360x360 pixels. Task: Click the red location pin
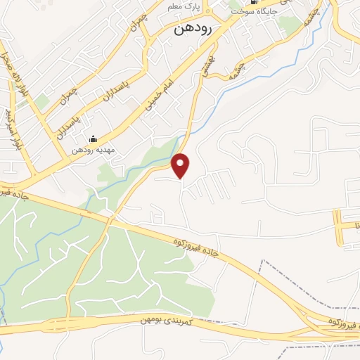[x=181, y=165]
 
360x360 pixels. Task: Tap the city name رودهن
[x=191, y=31]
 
